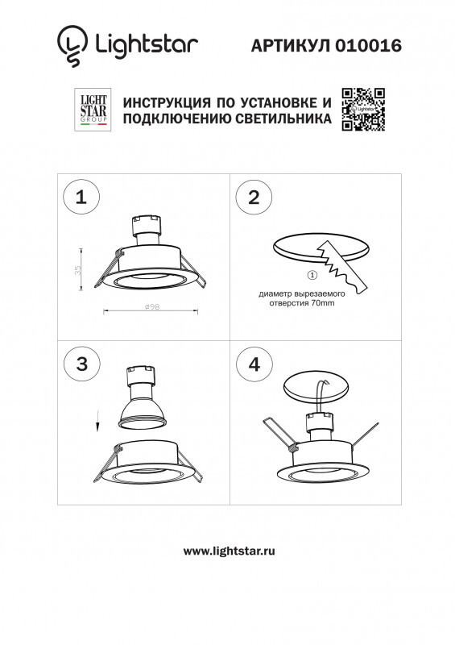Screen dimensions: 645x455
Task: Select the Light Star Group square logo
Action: tap(91, 110)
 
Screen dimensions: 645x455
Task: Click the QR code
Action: tap(363, 109)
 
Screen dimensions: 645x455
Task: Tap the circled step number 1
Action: tap(80, 198)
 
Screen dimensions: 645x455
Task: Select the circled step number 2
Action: tap(254, 198)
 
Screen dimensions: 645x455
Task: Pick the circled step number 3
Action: tap(80, 363)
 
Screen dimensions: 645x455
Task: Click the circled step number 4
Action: tap(254, 363)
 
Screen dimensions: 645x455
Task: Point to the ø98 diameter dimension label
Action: tap(150, 307)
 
